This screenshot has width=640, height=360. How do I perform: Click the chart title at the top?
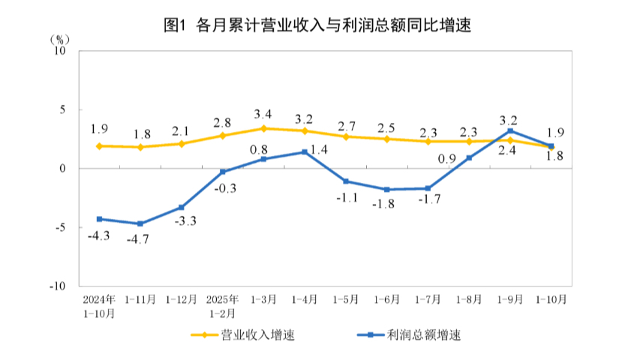pyautogui.click(x=320, y=25)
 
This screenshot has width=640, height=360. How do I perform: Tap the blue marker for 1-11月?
pyautogui.click(x=140, y=223)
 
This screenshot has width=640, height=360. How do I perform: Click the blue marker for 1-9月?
pyautogui.click(x=510, y=131)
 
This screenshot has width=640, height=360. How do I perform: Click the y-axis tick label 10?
pyautogui.click(x=61, y=51)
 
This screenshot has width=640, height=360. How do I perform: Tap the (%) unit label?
pyautogui.click(x=61, y=38)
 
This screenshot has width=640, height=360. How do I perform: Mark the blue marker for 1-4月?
pyautogui.click(x=305, y=152)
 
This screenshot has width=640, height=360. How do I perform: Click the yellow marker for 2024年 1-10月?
pyautogui.click(x=99, y=146)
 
